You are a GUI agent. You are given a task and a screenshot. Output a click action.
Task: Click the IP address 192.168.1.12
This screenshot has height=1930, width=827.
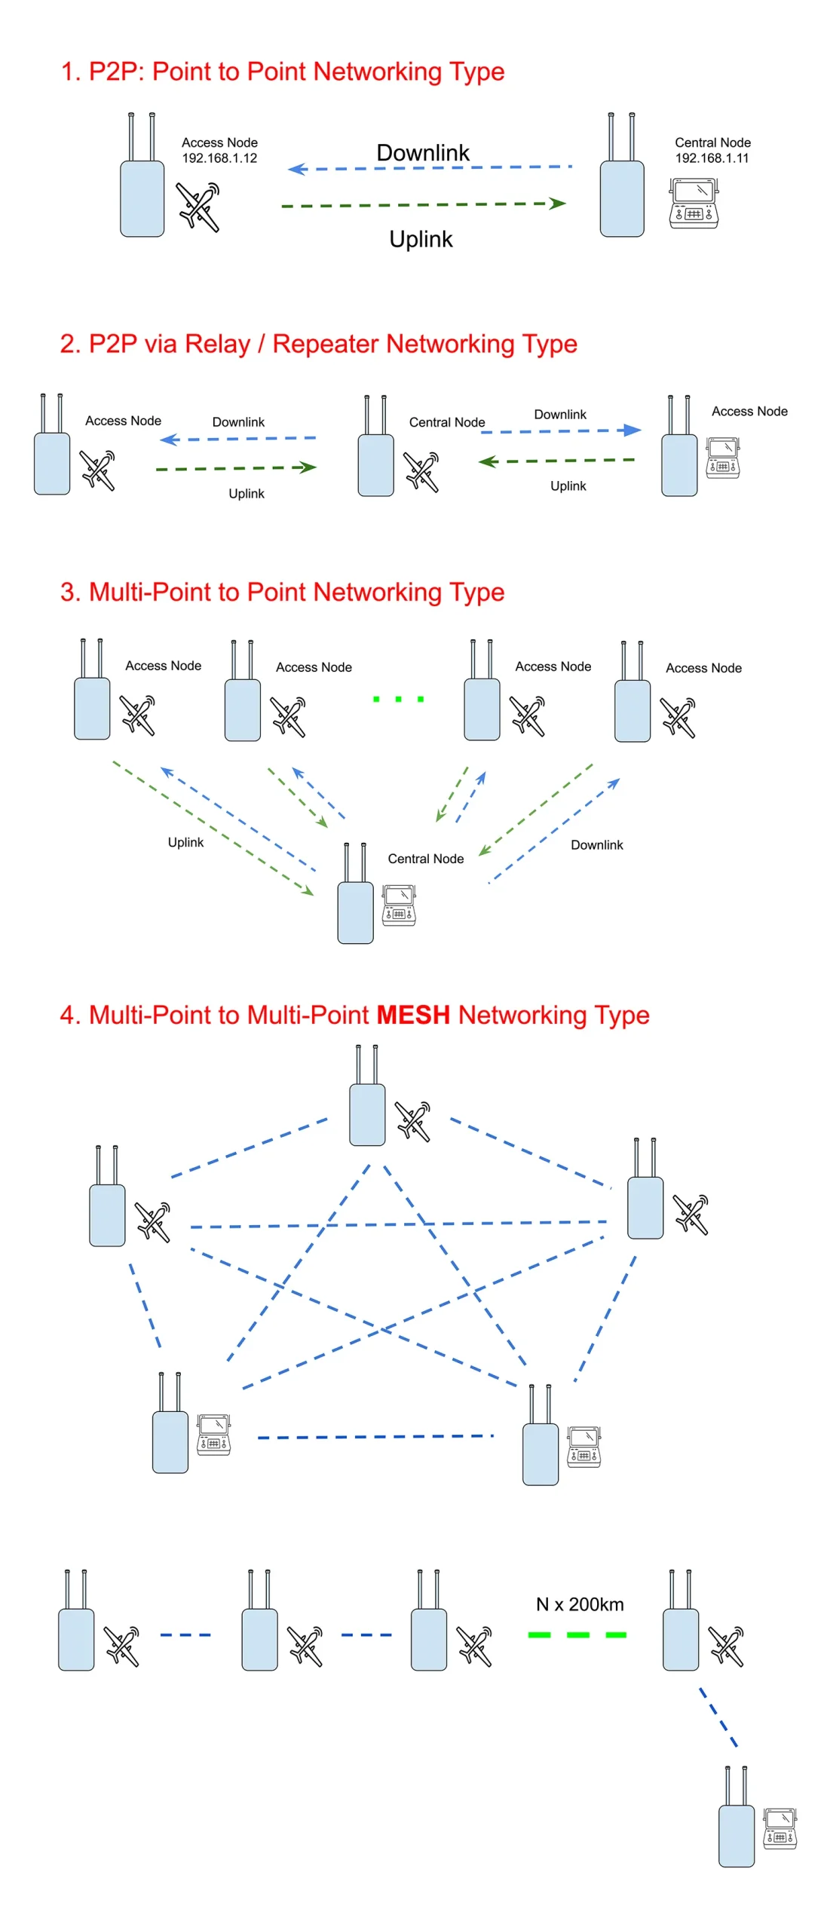(219, 158)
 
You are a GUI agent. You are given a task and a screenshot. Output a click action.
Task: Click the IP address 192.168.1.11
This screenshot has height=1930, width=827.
(711, 158)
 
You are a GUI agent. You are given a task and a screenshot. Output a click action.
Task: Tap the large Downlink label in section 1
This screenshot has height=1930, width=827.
(422, 152)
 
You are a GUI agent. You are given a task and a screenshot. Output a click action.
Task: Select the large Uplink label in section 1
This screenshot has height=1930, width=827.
(420, 238)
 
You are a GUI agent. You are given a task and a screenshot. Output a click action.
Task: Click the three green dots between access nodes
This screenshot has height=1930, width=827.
(398, 698)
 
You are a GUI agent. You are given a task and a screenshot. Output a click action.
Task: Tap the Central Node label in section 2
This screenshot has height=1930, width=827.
(446, 421)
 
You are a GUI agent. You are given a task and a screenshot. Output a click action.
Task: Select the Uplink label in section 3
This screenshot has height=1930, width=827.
(185, 841)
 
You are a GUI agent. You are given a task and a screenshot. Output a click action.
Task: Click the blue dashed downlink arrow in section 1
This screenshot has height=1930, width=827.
(430, 167)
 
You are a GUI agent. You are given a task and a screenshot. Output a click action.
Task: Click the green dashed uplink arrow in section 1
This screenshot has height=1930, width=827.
(422, 204)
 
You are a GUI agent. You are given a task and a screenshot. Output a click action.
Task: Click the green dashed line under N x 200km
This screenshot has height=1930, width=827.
(577, 1634)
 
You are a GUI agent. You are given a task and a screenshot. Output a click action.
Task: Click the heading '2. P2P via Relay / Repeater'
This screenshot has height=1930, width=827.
(317, 343)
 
